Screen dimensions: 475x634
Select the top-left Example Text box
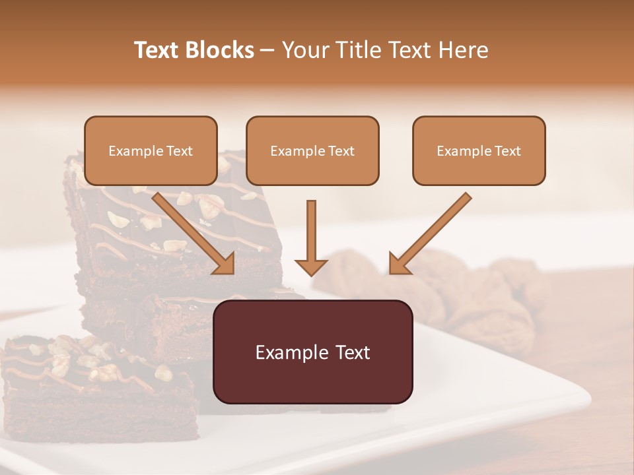click(151, 151)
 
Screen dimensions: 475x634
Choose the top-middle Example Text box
click(312, 151)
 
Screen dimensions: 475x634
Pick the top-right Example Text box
click(479, 151)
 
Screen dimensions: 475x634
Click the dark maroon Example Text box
click(312, 352)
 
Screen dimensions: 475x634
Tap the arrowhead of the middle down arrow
click(311, 267)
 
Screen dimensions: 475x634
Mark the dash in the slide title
click(268, 51)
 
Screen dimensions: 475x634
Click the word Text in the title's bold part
click(157, 50)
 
